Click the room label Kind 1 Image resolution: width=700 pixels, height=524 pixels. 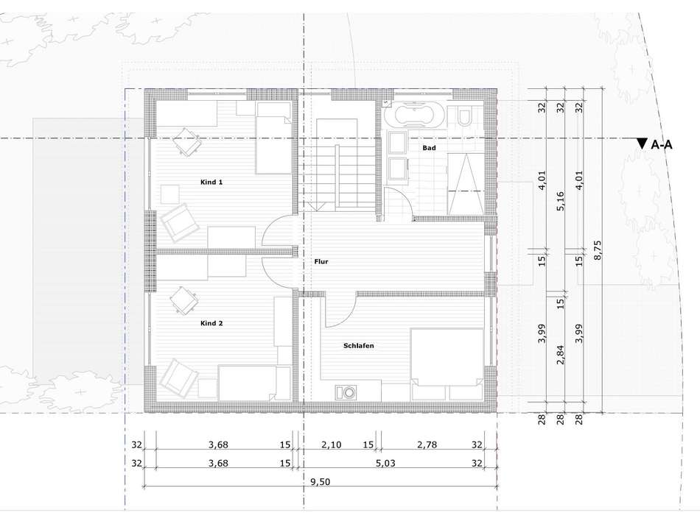pyautogui.click(x=211, y=182)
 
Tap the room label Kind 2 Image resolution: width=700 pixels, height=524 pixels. pyautogui.click(x=211, y=323)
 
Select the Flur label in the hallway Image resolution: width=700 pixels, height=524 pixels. pyautogui.click(x=321, y=261)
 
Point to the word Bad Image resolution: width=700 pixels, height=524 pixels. pyautogui.click(x=429, y=148)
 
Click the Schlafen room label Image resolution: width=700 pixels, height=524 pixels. pyautogui.click(x=359, y=345)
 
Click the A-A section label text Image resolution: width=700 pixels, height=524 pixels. pyautogui.click(x=662, y=145)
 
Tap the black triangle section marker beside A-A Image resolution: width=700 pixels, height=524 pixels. pyautogui.click(x=642, y=144)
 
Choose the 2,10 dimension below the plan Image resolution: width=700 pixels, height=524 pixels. pyautogui.click(x=332, y=445)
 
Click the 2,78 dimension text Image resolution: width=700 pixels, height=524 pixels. pyautogui.click(x=427, y=445)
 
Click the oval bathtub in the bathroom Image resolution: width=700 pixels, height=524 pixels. pyautogui.click(x=414, y=116)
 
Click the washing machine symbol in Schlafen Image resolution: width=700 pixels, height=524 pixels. pyautogui.click(x=344, y=392)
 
